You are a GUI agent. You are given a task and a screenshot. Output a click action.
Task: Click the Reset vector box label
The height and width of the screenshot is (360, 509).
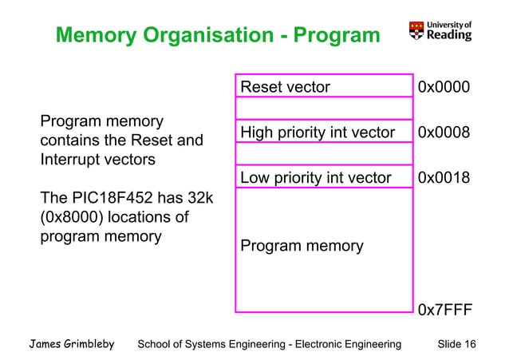285,87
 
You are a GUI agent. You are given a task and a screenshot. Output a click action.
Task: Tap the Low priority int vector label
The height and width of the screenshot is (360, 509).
315,177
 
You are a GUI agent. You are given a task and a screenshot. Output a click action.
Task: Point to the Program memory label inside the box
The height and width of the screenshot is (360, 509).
302,246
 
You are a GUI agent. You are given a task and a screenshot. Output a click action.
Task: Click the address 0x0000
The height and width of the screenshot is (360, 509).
444,87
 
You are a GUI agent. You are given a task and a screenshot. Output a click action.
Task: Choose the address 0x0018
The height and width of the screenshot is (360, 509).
444,177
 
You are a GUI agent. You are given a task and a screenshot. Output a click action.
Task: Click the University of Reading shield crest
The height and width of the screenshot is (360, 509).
416,30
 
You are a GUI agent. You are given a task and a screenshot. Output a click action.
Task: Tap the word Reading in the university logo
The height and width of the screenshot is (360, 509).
449,35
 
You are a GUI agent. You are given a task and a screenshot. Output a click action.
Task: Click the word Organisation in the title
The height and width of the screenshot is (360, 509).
212,36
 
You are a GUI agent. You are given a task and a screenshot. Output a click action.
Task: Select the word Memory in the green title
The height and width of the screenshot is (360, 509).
97,36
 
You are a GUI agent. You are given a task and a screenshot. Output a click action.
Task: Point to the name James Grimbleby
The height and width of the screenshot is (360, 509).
72,344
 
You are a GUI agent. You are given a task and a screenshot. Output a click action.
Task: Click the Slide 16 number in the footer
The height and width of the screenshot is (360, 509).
457,344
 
